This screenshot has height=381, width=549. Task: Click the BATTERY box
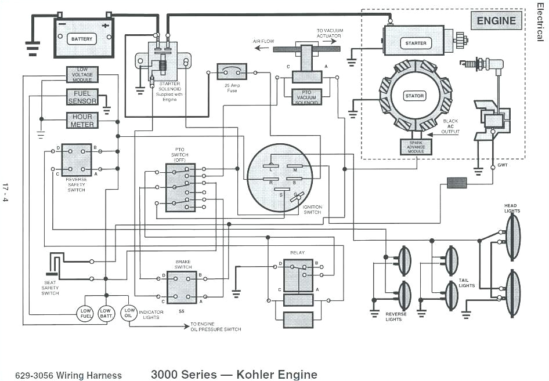point(82,39)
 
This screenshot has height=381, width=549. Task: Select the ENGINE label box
point(496,21)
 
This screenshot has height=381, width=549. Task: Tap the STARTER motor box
point(416,43)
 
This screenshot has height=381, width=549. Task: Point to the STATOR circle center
point(414,96)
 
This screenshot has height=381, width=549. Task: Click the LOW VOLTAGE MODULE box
point(82,75)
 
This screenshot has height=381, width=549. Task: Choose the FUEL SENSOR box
point(82,97)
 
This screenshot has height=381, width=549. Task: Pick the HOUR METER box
point(82,121)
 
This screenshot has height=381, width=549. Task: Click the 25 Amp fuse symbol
point(232,71)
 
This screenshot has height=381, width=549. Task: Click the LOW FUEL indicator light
point(85,313)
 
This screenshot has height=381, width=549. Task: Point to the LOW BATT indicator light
point(106,313)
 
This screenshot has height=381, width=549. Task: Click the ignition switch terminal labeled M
point(295,169)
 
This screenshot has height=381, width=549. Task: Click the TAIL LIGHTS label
point(467,282)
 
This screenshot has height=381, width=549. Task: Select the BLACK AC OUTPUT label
point(450,126)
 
